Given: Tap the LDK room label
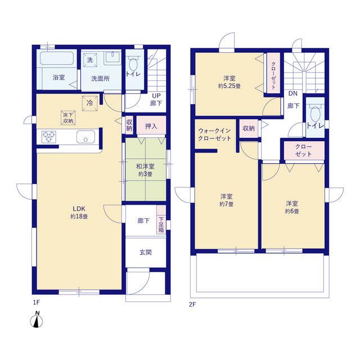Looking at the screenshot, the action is (x=79, y=213).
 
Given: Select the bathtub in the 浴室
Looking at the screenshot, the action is (x=57, y=58).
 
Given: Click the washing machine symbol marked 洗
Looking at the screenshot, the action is (x=90, y=60).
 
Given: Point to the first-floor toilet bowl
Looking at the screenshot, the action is (x=133, y=65).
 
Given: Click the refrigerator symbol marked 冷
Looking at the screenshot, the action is (x=90, y=103).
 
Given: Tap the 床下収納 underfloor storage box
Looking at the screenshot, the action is (x=68, y=118).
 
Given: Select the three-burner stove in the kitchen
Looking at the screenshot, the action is (x=49, y=137).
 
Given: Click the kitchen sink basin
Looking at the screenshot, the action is (x=85, y=137).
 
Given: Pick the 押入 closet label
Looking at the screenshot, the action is (x=151, y=126).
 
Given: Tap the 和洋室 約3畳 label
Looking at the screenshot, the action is (x=145, y=170).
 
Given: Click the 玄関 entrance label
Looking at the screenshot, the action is (x=146, y=253).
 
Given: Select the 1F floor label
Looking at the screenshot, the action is (x=37, y=303).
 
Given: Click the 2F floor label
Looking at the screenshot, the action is (x=192, y=304).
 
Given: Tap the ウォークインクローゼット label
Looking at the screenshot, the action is (x=214, y=134).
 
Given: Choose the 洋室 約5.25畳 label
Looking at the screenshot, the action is (x=229, y=82).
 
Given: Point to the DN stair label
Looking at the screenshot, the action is (x=293, y=93).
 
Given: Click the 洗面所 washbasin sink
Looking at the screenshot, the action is (x=112, y=58).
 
